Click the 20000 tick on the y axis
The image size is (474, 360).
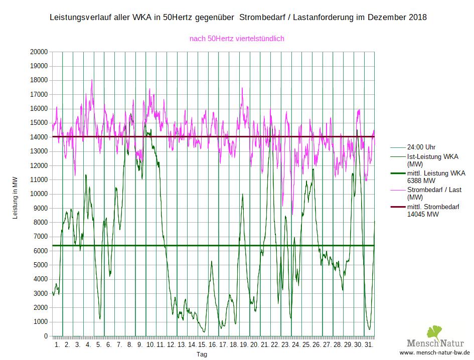[x=39, y=52]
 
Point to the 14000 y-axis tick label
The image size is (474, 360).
[x=39, y=137]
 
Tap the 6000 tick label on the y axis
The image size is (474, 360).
[x=41, y=251]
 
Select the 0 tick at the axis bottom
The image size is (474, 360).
[x=46, y=336]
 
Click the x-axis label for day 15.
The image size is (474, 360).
[x=202, y=345]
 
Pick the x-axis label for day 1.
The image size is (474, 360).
[x=57, y=345]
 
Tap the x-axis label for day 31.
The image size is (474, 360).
[x=368, y=345]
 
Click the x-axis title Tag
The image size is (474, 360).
[x=202, y=354]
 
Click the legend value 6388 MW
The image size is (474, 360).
[x=421, y=181]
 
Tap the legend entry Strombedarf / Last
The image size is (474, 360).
[x=434, y=190]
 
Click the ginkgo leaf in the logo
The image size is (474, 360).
[x=435, y=333]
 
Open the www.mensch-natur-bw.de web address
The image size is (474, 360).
[x=434, y=352]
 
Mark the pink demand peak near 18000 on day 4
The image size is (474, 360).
[x=92, y=80]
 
